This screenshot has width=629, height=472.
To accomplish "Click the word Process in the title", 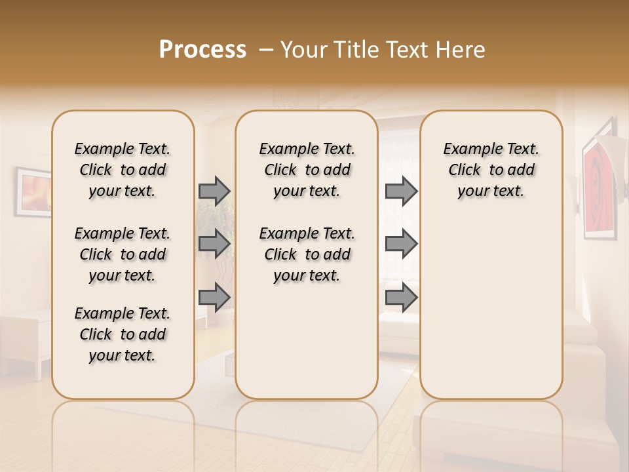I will (x=202, y=50).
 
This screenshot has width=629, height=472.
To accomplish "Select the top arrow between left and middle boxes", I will (x=214, y=191).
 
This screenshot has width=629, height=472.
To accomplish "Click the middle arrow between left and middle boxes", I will (x=214, y=244).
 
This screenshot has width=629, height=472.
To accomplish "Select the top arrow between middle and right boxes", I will (x=401, y=191).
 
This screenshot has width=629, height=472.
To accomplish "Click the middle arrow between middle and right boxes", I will (x=401, y=244).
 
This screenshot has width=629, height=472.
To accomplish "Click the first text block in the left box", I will (x=123, y=170).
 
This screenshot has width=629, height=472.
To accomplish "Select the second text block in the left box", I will (x=123, y=254).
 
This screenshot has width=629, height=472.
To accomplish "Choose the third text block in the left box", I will (x=123, y=334).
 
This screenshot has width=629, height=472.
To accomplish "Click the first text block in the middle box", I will (x=307, y=170).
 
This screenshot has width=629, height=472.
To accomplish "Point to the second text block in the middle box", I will (x=307, y=254).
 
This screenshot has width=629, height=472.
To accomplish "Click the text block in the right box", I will (x=491, y=170).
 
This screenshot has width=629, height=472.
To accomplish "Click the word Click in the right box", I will (x=465, y=170).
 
